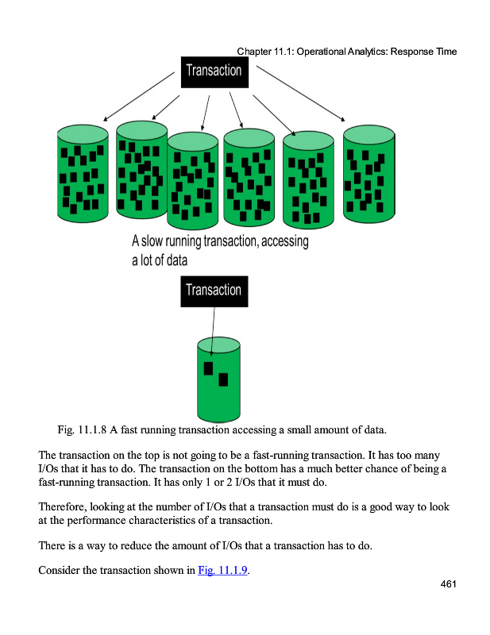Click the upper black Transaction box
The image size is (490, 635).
(x=214, y=71)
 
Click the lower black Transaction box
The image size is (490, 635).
(x=214, y=291)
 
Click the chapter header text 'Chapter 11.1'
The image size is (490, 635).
(x=264, y=52)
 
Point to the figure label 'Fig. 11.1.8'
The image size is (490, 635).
(x=83, y=431)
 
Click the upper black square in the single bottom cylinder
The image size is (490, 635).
(x=209, y=368)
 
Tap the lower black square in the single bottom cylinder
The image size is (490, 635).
(x=222, y=379)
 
